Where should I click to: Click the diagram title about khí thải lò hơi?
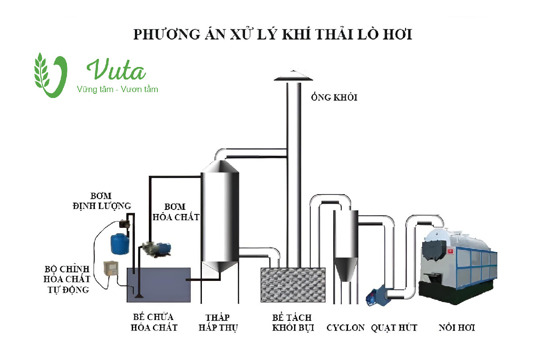point(272,35)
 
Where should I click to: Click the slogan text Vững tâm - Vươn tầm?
point(118,89)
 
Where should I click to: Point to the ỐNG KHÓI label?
point(334,98)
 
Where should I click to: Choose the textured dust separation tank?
point(293,285)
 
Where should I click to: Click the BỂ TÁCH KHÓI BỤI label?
point(292,322)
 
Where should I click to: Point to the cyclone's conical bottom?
point(345,269)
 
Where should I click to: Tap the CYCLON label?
point(345,327)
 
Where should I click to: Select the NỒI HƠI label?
point(456,327)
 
